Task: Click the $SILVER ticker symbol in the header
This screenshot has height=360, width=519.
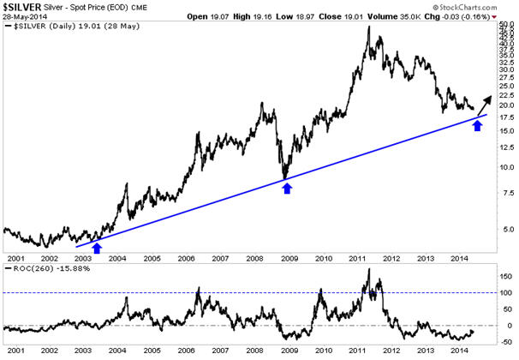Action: pos(21,6)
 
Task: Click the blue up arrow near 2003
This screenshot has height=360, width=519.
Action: pos(97,249)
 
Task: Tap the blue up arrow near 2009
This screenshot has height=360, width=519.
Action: pos(287,188)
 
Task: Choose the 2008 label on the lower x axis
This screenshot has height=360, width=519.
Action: pos(254,351)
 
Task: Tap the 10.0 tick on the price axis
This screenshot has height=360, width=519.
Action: pos(506,167)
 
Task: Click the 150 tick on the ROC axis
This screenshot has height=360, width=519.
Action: pos(505,278)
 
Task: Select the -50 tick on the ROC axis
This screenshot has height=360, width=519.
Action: pos(505,340)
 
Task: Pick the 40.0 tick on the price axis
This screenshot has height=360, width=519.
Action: pos(506,36)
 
